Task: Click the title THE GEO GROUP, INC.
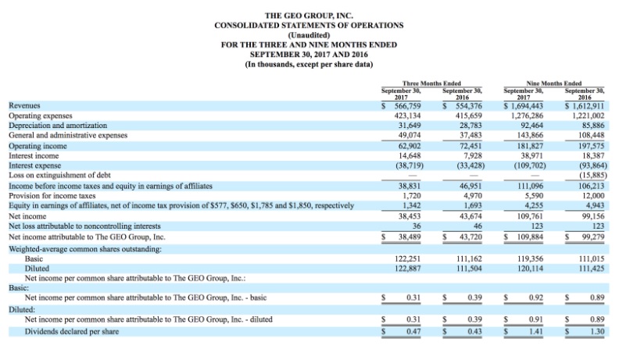pos(309,16)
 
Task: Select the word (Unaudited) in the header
pos(309,35)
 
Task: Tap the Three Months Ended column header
pos(431,84)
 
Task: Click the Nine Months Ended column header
pos(553,84)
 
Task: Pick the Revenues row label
pos(24,105)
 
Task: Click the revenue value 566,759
pos(407,106)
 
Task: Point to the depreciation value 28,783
pos(471,126)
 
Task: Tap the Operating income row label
pos(38,146)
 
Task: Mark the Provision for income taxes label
pos(52,196)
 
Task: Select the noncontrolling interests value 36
pos(417,226)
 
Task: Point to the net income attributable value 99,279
pos(592,237)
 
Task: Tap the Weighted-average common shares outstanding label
pos(85,249)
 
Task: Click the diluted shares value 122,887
pos(408,269)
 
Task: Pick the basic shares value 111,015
pos(591,258)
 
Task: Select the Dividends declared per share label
pos(72,332)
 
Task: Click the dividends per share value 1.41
pos(536,332)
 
